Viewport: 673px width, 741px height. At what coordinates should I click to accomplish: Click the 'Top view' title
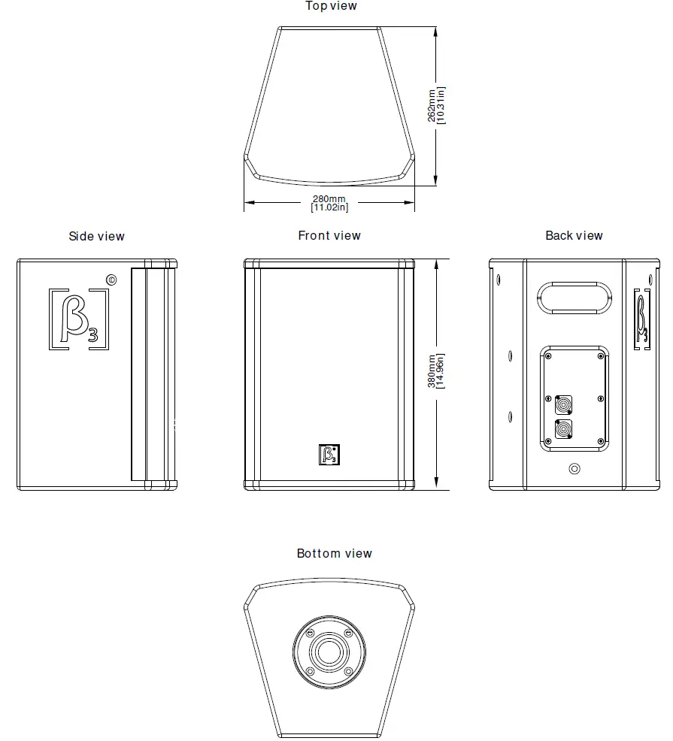point(331,7)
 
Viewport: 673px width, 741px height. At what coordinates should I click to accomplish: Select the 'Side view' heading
point(96,237)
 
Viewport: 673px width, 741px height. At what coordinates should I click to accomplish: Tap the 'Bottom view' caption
point(334,554)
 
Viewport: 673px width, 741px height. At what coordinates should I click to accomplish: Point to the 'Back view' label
point(574,236)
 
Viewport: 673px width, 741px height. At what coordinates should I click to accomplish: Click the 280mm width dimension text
point(329,198)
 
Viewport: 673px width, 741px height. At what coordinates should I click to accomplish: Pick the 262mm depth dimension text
point(431,105)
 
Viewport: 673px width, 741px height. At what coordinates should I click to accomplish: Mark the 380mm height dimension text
point(431,372)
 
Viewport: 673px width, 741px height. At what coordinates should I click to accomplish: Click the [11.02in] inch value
point(329,207)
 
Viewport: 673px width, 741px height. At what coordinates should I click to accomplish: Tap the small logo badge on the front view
point(329,455)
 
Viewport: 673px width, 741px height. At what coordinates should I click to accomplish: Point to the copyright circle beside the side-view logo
point(111,280)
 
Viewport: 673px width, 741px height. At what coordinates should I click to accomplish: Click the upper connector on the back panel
point(562,405)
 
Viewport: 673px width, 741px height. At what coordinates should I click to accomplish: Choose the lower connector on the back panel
point(562,431)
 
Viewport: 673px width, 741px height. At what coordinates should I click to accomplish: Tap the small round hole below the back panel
point(574,469)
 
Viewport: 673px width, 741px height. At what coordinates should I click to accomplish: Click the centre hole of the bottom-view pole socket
point(329,650)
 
